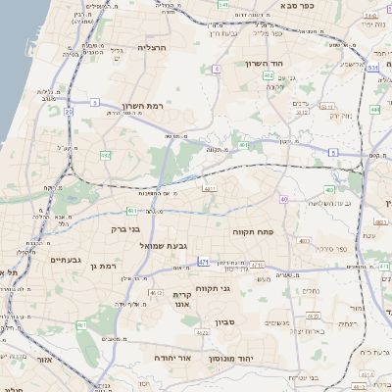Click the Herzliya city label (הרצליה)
point(153,47)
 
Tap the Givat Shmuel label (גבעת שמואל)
point(163,245)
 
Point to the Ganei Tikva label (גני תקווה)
point(238,288)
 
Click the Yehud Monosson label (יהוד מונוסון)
point(230,360)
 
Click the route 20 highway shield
point(69,113)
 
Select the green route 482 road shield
point(104,155)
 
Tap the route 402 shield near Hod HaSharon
point(268,74)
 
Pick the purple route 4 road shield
point(215,70)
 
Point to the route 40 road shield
point(283,199)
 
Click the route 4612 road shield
point(155,292)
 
